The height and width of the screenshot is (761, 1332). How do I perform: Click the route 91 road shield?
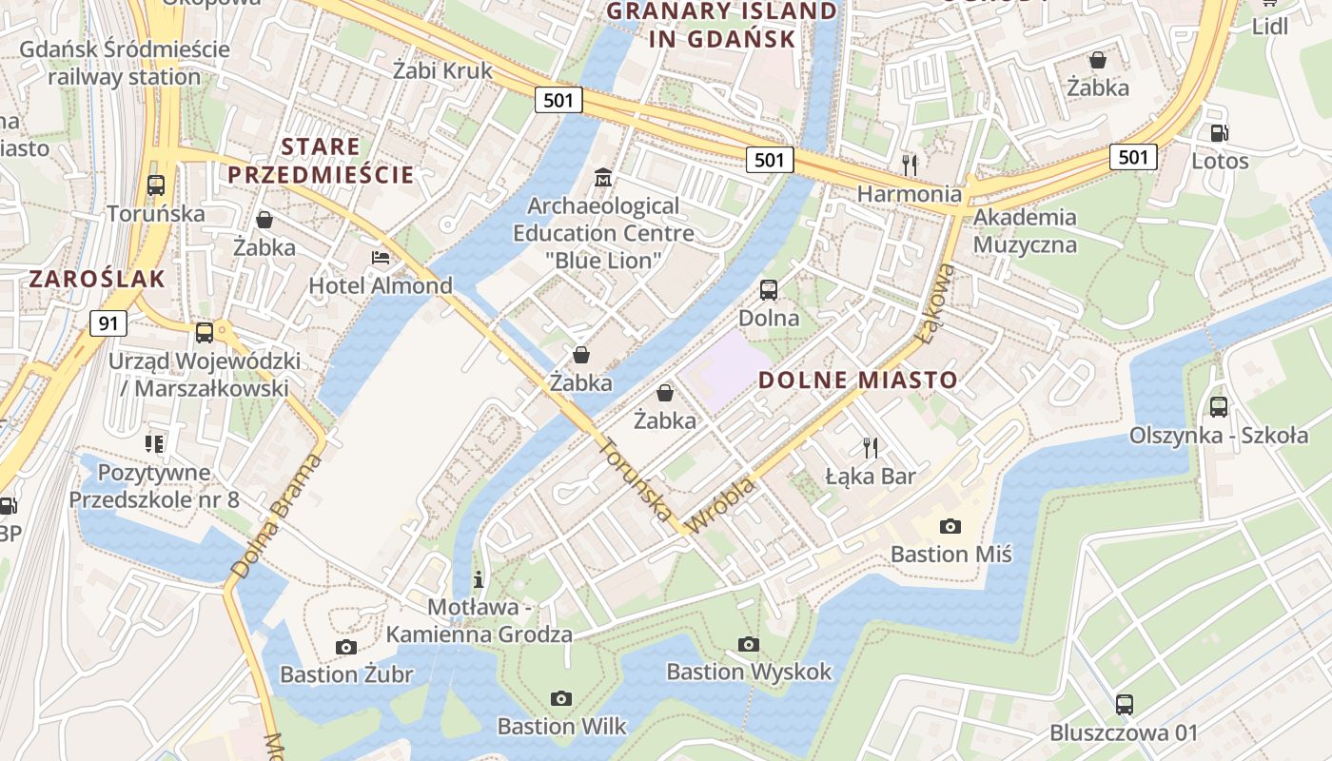click(108, 323)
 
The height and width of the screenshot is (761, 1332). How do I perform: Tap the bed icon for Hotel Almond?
click(381, 258)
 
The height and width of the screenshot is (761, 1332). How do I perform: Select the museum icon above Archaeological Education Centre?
click(603, 178)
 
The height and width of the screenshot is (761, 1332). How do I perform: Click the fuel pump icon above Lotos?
click(1219, 133)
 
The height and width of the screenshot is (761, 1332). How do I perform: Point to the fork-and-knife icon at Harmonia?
click(910, 166)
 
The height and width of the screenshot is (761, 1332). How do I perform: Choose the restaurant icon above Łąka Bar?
click(870, 447)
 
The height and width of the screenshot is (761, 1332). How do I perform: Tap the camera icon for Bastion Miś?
click(950, 526)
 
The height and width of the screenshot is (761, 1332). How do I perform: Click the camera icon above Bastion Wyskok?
click(749, 644)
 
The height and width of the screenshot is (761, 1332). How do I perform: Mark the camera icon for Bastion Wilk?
click(561, 699)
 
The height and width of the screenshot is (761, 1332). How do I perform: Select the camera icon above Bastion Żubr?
click(346, 647)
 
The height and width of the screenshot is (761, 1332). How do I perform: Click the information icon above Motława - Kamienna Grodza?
click(479, 578)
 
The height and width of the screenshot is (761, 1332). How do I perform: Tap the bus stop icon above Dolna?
click(769, 289)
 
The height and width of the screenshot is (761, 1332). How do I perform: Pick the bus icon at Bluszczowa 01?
click(1125, 705)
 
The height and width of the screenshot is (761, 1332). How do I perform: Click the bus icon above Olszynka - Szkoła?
click(1219, 407)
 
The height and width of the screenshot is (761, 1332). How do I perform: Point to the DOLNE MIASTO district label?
click(857, 380)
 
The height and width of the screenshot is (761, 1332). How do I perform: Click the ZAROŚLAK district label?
click(97, 279)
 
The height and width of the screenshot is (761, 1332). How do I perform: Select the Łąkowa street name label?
click(935, 303)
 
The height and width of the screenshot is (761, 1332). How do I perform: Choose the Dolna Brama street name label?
click(277, 517)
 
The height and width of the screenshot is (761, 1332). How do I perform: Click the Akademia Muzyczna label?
click(1025, 231)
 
